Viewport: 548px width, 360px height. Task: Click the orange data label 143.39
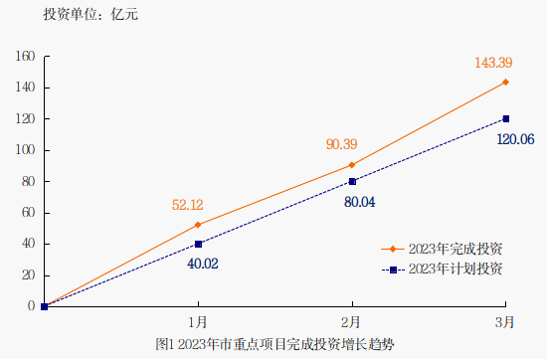click(494, 64)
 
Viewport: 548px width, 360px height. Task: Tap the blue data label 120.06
click(514, 139)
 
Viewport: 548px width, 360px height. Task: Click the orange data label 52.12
click(187, 205)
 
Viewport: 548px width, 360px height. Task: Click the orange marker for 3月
click(506, 82)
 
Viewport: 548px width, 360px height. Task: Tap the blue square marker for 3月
click(506, 118)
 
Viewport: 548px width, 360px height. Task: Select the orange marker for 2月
click(352, 164)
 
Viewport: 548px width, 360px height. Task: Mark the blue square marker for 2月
click(352, 181)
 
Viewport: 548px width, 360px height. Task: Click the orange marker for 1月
click(198, 225)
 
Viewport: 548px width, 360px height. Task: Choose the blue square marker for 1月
click(198, 244)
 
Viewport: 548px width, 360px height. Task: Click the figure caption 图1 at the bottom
click(276, 343)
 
